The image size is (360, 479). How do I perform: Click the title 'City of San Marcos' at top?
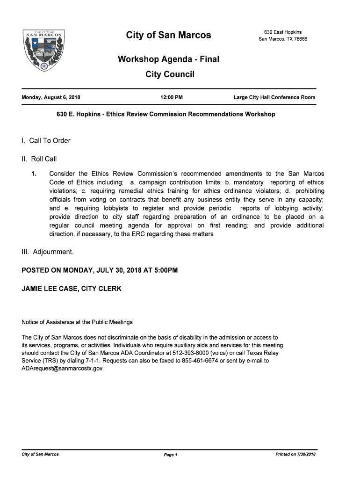click(x=168, y=35)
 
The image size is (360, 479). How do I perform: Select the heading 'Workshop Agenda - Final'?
click(x=168, y=59)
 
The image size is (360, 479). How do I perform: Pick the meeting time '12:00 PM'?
click(x=171, y=98)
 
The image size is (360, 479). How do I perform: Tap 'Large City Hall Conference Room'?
click(x=274, y=98)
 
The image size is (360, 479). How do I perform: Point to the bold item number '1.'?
click(x=34, y=174)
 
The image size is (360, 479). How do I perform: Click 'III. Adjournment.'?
click(x=48, y=252)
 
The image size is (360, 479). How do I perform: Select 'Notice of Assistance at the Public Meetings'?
click(x=77, y=322)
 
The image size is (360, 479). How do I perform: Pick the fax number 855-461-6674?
click(x=216, y=361)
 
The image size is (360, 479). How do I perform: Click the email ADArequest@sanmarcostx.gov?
click(x=62, y=369)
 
